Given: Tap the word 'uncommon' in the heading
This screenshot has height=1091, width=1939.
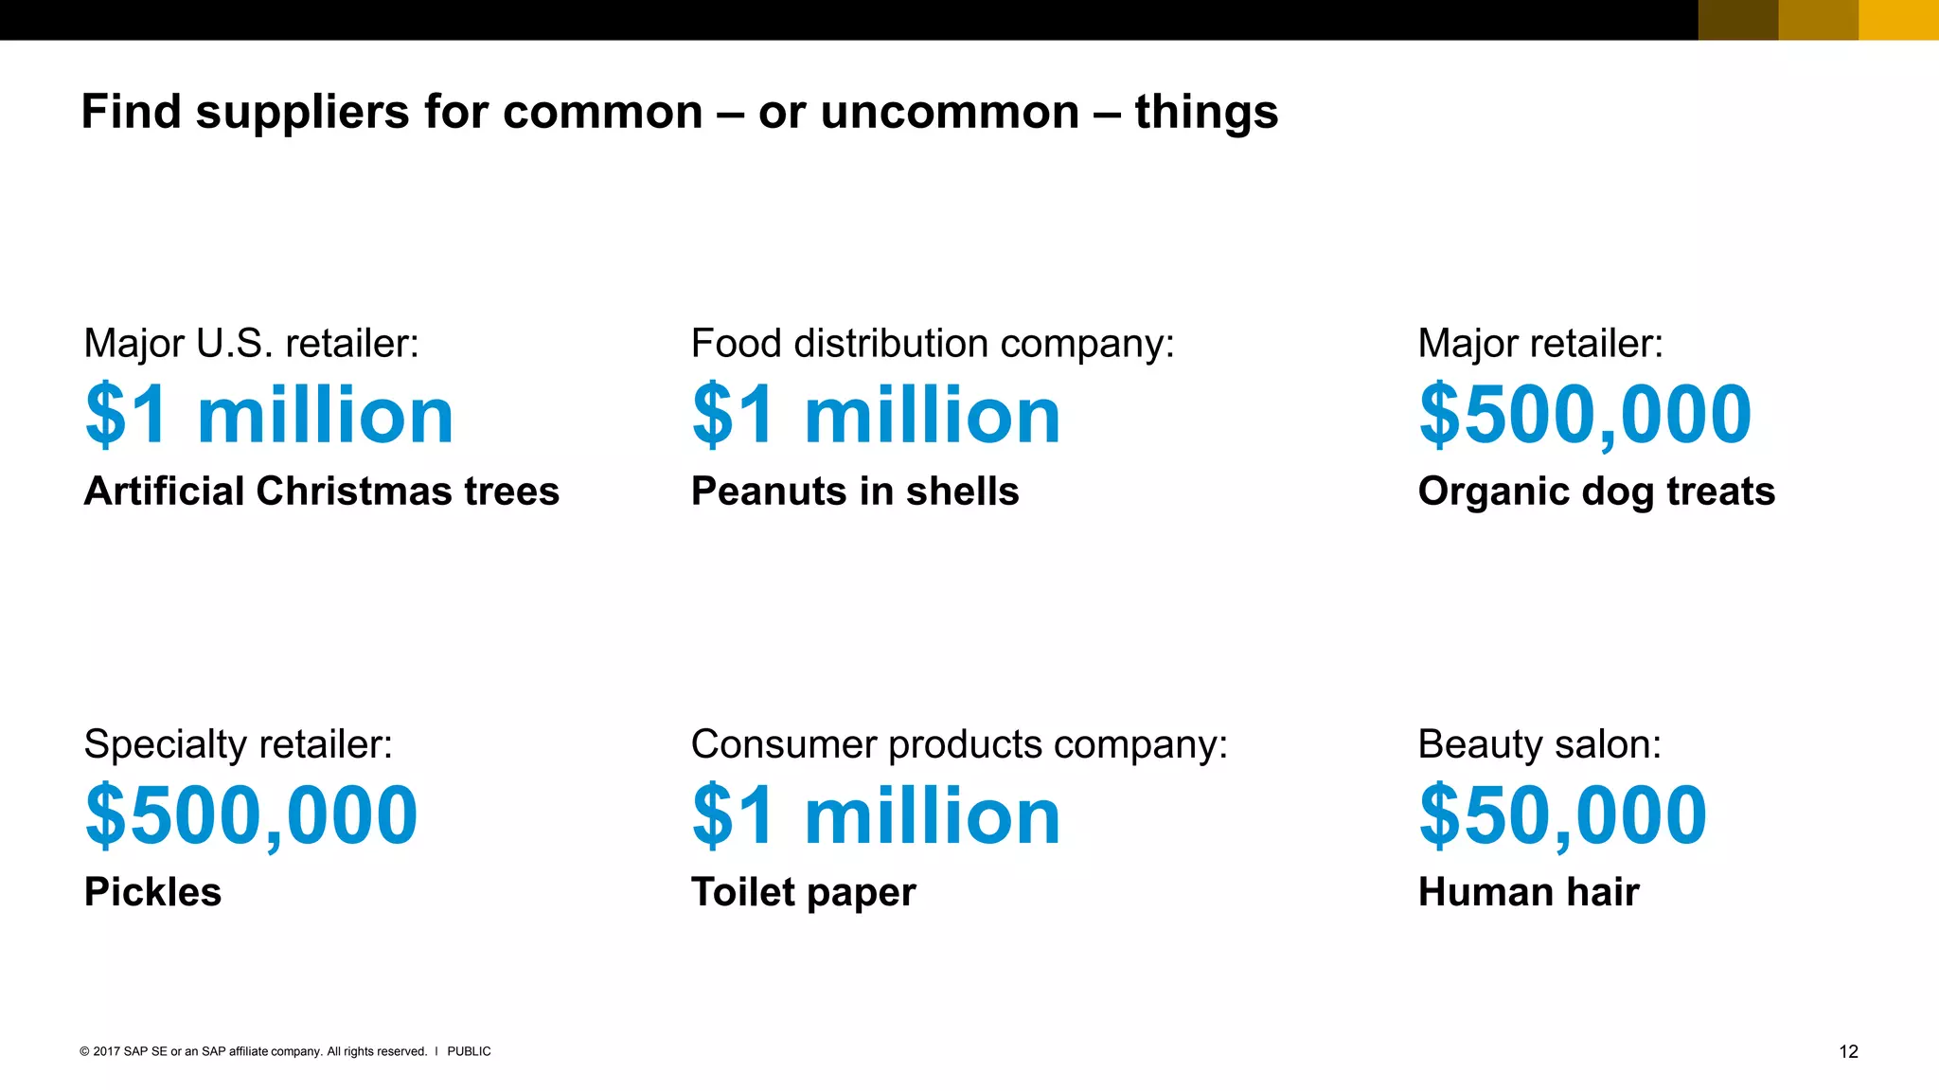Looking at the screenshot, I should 950,113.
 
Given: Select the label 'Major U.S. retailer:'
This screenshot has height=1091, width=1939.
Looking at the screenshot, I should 251,343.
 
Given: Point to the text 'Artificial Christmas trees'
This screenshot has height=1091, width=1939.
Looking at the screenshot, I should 322,492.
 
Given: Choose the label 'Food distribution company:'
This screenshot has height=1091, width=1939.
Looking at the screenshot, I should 933,343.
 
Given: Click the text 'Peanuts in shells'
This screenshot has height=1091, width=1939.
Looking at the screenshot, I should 855,492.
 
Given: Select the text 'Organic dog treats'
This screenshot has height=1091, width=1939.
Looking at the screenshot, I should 1596,492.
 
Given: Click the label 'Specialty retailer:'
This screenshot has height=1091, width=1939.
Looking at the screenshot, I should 238,744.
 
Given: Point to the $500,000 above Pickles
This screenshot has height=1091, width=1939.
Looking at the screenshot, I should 251,815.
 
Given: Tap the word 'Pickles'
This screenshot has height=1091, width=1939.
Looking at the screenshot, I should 152,892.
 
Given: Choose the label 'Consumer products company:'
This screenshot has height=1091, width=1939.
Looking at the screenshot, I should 959,744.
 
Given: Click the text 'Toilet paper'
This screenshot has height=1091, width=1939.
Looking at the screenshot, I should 804,892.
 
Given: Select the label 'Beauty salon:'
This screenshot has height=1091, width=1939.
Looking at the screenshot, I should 1539,744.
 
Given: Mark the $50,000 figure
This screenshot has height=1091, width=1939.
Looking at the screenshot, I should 1563,815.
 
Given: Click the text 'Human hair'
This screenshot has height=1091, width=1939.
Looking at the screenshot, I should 1528,892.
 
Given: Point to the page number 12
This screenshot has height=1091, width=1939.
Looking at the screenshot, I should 1848,1051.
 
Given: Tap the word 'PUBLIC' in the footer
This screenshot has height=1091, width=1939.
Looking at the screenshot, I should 469,1051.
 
